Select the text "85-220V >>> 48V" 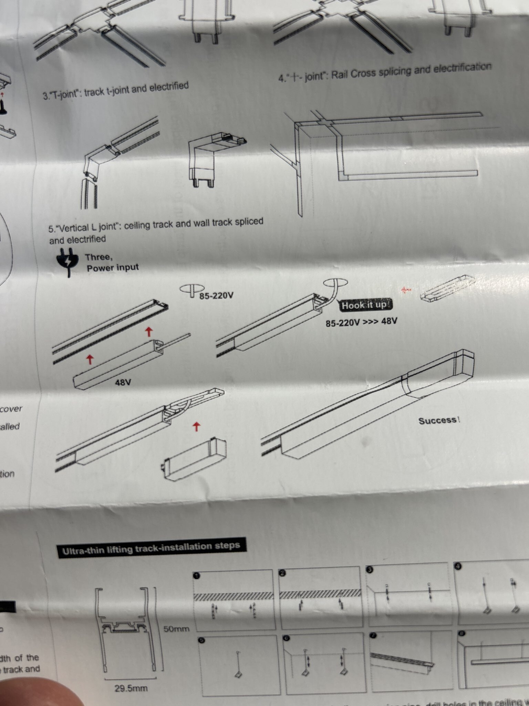(361, 322)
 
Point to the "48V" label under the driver (123, 382)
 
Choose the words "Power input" (113, 268)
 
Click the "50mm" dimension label (176, 628)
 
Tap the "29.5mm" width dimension (131, 688)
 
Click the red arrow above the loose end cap (196, 427)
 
